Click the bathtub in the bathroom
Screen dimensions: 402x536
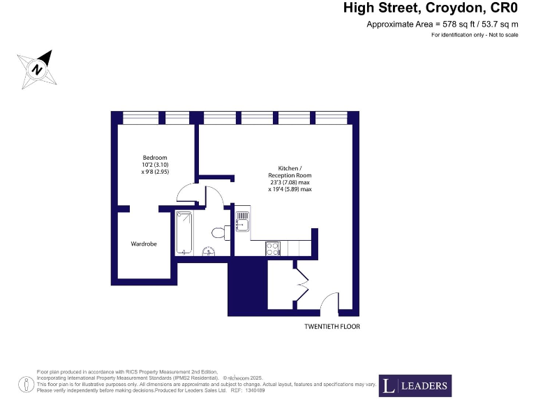point(184,232)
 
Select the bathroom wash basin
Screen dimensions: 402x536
point(207,252)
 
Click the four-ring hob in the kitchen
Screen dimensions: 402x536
point(272,247)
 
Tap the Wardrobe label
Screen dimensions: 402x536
point(144,244)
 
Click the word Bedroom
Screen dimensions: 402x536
point(155,157)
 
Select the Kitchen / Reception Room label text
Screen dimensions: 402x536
point(290,172)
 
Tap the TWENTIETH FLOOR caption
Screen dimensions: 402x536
point(332,327)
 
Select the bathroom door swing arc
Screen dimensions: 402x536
point(214,195)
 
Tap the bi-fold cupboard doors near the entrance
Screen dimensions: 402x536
point(301,283)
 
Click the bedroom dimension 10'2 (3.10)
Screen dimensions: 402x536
point(155,164)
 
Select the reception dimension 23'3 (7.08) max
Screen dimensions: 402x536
point(290,182)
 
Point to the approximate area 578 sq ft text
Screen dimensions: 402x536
point(442,24)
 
